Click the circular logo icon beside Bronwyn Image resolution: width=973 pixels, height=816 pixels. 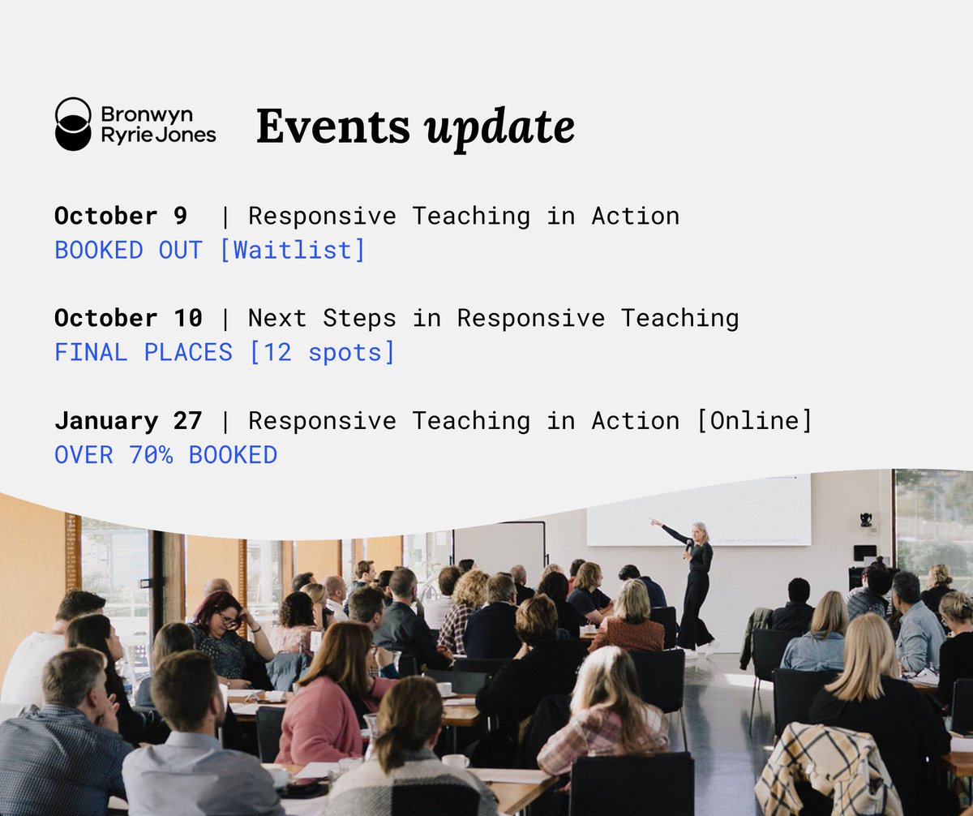point(73,124)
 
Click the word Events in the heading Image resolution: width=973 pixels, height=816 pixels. point(333,126)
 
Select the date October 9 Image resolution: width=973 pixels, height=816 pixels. point(121,216)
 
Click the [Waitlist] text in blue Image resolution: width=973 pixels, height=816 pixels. point(292,251)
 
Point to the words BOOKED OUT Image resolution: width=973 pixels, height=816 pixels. point(129,251)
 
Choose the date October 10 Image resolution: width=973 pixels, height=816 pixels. point(128,319)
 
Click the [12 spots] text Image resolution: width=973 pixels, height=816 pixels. point(322,353)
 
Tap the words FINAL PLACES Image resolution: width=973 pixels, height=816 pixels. point(144,353)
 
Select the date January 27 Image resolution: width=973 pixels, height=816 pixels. point(128,421)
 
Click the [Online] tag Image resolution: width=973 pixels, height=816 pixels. point(754,421)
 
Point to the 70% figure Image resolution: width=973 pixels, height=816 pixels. point(151,455)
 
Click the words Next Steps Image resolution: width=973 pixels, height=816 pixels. point(322,319)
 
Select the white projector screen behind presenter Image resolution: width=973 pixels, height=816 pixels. point(698,510)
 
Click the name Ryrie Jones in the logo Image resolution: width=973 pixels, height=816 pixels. point(158,135)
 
